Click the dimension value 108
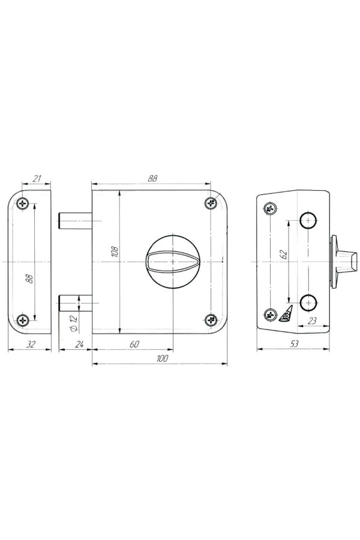(x=116, y=252)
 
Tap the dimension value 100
(x=161, y=358)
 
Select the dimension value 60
(x=135, y=344)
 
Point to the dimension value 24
(x=79, y=344)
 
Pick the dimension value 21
(x=37, y=178)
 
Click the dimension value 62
(x=284, y=254)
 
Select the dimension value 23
(x=311, y=321)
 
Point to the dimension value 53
(x=294, y=344)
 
